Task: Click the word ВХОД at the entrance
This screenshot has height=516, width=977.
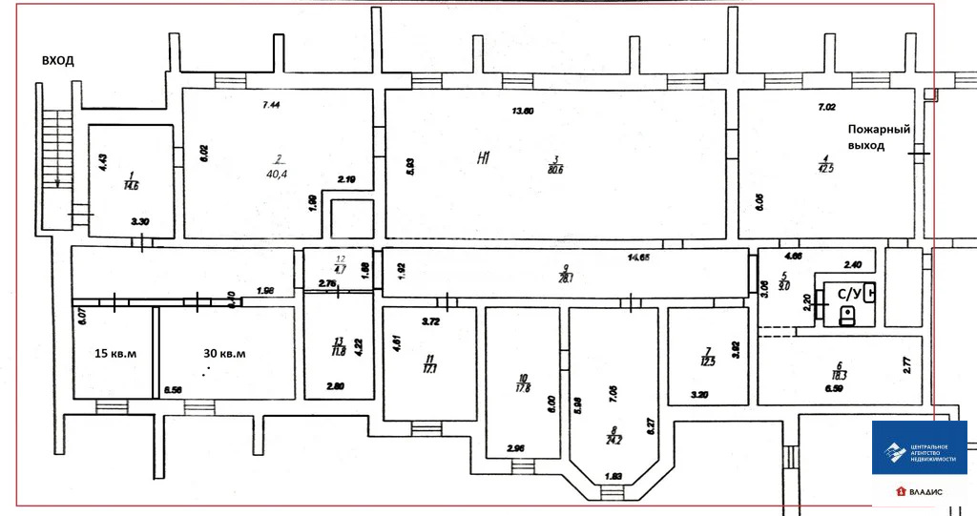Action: [57, 60]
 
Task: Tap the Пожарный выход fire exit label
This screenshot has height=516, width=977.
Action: [880, 137]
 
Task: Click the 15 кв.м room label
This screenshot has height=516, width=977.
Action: [114, 354]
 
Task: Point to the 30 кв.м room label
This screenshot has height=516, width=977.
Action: [224, 354]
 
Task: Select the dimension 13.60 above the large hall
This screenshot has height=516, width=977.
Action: [522, 112]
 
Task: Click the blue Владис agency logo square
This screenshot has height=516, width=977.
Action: [919, 447]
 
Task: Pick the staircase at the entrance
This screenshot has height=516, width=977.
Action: [58, 153]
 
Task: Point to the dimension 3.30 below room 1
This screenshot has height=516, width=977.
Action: [140, 221]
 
